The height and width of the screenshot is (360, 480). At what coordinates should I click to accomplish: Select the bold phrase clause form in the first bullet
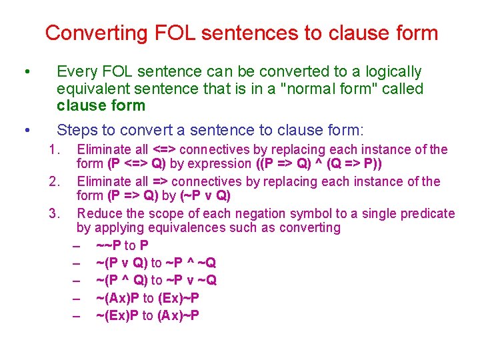[101, 105]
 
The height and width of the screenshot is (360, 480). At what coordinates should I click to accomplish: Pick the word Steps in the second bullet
[76, 130]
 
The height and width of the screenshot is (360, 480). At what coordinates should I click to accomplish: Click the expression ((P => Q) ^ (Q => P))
[319, 164]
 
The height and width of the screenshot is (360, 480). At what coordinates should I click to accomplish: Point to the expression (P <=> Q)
[136, 164]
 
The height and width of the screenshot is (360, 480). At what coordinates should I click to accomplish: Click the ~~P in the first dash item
[109, 245]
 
